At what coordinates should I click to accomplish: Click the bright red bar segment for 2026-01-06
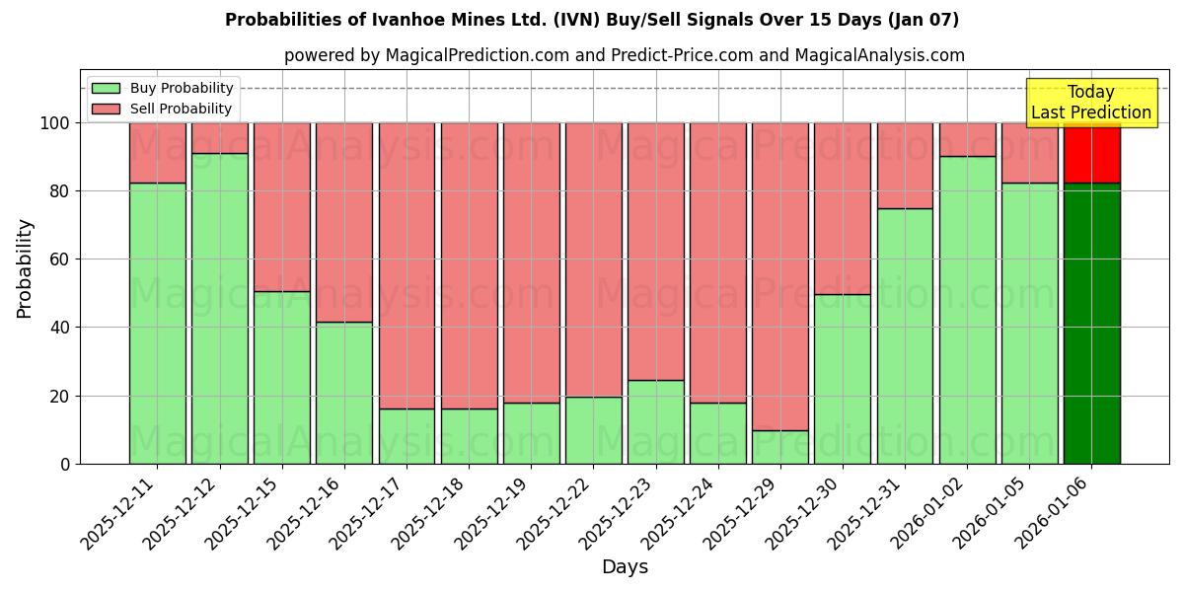[x=1091, y=153]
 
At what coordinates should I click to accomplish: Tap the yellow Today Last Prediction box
[x=1090, y=103]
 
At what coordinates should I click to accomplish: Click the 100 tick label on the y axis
[x=53, y=123]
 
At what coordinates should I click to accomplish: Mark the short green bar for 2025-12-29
[x=779, y=447]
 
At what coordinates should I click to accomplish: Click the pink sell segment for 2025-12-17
[x=407, y=265]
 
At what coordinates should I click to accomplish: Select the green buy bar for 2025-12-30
[x=843, y=379]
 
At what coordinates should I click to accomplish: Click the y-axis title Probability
[x=25, y=268]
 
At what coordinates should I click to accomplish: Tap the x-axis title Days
[x=625, y=567]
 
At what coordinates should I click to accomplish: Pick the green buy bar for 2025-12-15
[x=282, y=377]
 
